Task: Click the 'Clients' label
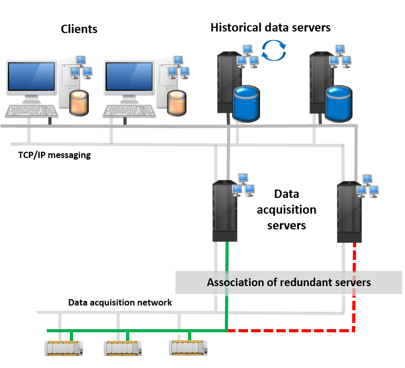[x=81, y=31]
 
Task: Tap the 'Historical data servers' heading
[x=273, y=29]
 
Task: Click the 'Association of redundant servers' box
[x=289, y=282]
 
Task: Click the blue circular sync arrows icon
[x=274, y=50]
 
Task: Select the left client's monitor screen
[x=32, y=77]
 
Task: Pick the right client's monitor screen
[x=129, y=77]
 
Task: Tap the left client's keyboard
[x=32, y=110]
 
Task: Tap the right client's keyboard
[x=129, y=110]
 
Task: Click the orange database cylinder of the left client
[x=79, y=103]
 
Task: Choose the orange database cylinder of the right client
[x=176, y=103]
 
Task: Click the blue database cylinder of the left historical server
[x=246, y=103]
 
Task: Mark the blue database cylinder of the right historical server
[x=338, y=103]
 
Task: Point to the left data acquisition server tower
[x=225, y=211]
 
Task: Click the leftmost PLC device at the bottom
[x=64, y=348]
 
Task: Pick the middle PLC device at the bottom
[x=123, y=348]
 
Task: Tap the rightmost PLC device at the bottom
[x=188, y=348]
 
